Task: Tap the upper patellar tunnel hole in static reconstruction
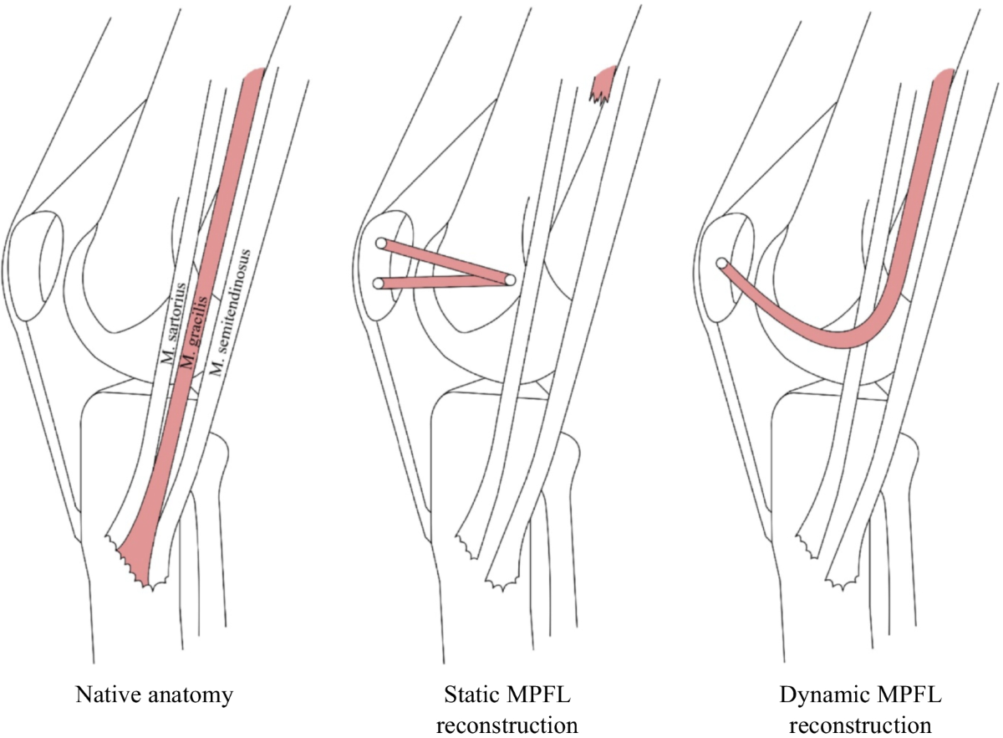[x=380, y=243]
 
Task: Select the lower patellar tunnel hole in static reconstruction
[x=379, y=284]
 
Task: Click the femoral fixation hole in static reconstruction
[x=510, y=279]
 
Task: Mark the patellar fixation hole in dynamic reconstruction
[x=720, y=263]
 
